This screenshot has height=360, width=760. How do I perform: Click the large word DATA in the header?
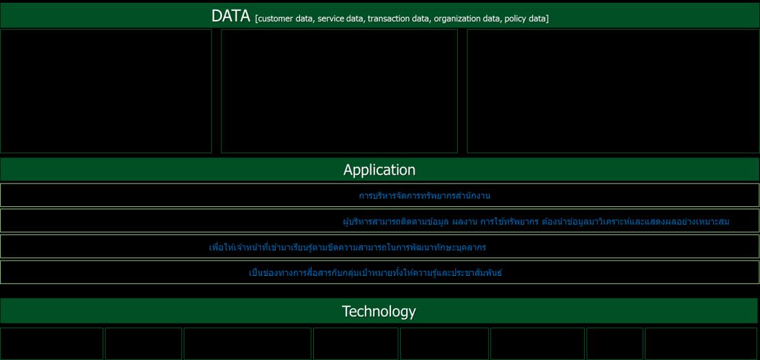(231, 16)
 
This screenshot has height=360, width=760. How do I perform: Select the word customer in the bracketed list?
(275, 19)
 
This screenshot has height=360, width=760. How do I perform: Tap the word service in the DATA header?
(331, 19)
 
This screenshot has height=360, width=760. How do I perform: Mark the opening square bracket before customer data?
(256, 19)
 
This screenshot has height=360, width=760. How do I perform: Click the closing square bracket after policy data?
(548, 19)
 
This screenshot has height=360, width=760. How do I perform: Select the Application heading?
(379, 170)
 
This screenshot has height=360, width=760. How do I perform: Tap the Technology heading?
(379, 311)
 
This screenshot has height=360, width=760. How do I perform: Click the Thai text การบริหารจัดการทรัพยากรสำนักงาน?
(425, 196)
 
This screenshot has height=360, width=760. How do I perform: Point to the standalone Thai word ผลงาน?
(464, 222)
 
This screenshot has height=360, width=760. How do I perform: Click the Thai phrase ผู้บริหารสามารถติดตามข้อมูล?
(395, 222)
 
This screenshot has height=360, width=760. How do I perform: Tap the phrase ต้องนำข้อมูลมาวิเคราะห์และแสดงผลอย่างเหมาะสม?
(636, 222)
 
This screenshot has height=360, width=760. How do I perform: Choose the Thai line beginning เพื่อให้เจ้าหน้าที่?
(348, 248)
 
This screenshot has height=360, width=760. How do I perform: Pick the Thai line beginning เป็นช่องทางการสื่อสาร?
(376, 273)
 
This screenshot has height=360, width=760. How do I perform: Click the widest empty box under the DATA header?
(613, 91)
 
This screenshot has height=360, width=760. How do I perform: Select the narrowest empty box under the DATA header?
(106, 91)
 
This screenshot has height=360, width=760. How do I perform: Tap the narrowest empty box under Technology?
(614, 343)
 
